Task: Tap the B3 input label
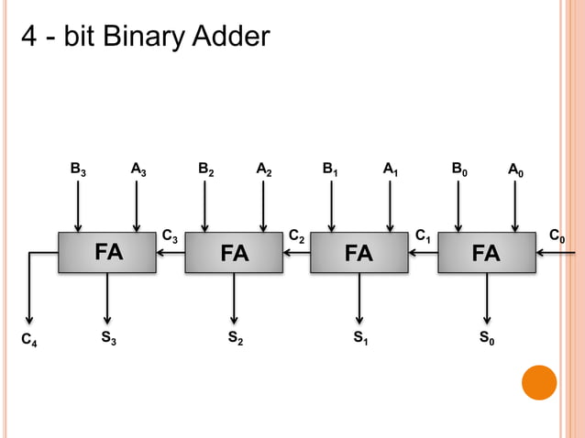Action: (80, 170)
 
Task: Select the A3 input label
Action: (138, 170)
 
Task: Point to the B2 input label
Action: (206, 170)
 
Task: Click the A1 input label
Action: (391, 170)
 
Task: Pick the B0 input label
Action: (459, 170)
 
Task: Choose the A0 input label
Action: (517, 170)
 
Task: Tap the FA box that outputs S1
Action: (359, 252)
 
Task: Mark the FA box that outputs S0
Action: (485, 252)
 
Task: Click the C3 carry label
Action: (170, 237)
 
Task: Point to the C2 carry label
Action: (296, 237)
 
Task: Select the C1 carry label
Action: (423, 237)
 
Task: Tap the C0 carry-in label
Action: (556, 237)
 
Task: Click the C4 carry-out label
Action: (29, 342)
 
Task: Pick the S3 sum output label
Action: (108, 339)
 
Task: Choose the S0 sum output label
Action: (487, 339)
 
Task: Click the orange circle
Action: (539, 382)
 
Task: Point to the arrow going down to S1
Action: (359, 299)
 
